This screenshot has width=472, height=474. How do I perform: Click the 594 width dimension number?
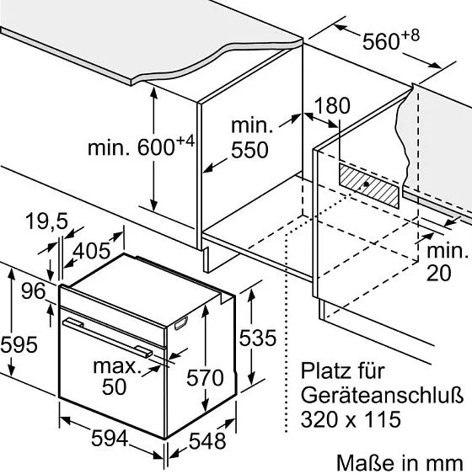click(110, 439)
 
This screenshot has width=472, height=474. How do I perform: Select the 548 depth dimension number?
click(207, 441)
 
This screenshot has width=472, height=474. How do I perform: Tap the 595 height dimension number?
click(19, 344)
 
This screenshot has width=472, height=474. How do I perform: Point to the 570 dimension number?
click(205, 377)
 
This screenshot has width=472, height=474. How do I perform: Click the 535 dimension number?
click(258, 338)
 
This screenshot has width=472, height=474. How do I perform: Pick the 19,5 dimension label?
click(47, 221)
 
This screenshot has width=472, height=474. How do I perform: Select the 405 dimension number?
click(92, 251)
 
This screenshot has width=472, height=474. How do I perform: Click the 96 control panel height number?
click(34, 291)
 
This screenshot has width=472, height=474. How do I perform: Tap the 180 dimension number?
click(332, 105)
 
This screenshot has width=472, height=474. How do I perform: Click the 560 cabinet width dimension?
click(381, 41)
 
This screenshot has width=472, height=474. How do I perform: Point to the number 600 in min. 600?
click(156, 147)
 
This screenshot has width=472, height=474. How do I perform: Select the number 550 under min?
click(249, 150)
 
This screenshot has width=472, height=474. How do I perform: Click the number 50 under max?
click(114, 386)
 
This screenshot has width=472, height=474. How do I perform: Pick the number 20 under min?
click(439, 273)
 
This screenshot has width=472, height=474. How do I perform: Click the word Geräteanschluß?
click(382, 395)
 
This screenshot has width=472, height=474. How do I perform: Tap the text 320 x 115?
click(351, 419)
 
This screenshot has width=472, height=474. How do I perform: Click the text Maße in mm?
click(400, 463)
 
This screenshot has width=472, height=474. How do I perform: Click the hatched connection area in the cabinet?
click(369, 185)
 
